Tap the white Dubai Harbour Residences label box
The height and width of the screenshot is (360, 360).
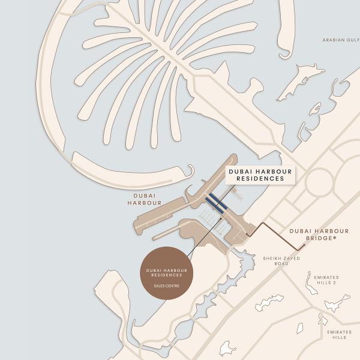click(260, 175)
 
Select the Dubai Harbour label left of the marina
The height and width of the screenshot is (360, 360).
click(145, 199)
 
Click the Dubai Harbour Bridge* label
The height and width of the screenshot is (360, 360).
click(319, 235)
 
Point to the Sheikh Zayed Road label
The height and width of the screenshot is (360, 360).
click(281, 261)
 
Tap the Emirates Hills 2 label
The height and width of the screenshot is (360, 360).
click(326, 280)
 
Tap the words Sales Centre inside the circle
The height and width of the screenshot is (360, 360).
click(166, 286)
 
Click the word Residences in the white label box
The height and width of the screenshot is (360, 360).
click(260, 179)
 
